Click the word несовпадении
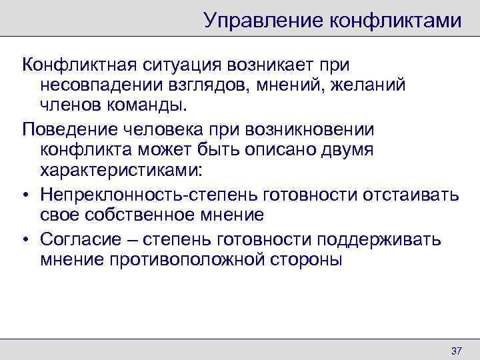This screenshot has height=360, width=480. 105,86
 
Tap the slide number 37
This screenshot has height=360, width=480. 457,351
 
